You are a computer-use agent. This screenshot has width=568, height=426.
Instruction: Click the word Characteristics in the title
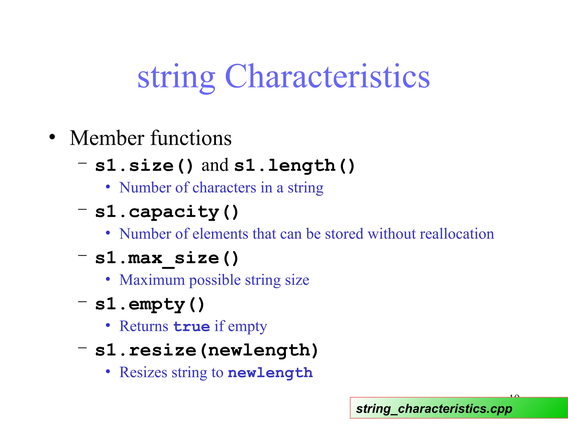point(327,76)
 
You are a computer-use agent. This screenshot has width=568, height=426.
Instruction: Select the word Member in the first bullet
point(107,138)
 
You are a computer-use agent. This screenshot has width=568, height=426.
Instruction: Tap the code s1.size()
point(144,166)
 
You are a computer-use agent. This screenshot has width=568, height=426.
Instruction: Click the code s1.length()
point(294,166)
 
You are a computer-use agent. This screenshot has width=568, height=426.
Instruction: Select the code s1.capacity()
point(167,212)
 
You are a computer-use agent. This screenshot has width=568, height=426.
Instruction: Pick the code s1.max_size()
point(167,258)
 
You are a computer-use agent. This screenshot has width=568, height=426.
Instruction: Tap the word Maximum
point(152,280)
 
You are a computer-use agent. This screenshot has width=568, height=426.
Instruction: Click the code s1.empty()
point(150,305)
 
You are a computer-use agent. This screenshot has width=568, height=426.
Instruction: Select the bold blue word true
point(191,326)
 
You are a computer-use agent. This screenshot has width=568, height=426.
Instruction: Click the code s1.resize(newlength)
point(207,351)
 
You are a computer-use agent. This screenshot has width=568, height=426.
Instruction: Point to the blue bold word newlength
point(270,373)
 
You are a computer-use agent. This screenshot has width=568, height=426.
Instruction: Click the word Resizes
point(143,372)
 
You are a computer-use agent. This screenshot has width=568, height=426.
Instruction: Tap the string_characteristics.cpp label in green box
point(434,409)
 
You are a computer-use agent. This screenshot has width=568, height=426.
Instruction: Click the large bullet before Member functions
point(52,137)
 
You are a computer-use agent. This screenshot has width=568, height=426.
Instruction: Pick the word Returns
point(144,326)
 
